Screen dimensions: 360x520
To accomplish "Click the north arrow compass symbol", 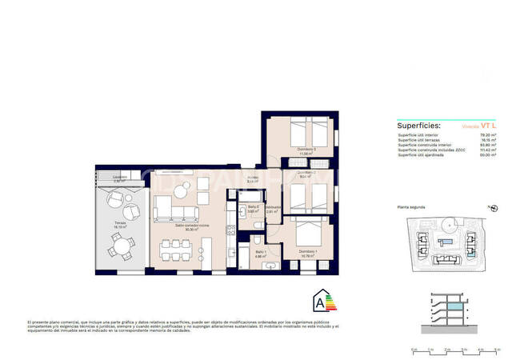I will point(494,210).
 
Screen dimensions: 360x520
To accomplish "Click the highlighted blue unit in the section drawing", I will point(455,307).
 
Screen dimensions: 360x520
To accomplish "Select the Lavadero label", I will point(118,178).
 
